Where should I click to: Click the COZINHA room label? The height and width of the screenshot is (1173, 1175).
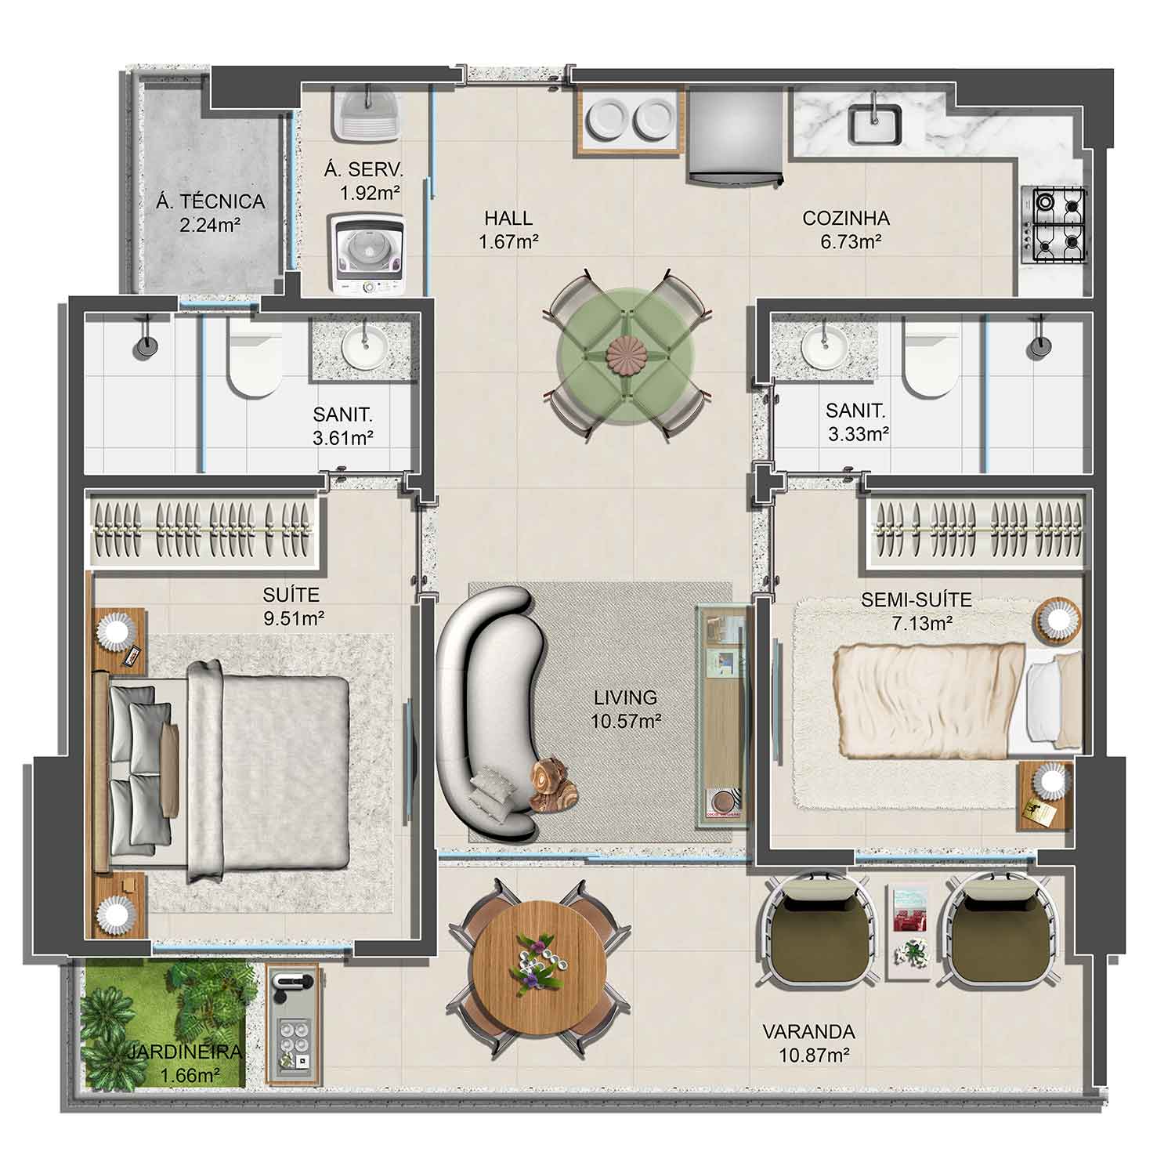pos(846,218)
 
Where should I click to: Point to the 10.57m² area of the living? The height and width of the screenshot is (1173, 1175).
pos(624,720)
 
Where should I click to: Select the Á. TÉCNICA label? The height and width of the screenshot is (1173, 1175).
pos(211,201)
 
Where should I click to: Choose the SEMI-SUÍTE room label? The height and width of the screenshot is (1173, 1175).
pos(916,600)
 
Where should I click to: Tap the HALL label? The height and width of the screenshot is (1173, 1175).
pos(508,218)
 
